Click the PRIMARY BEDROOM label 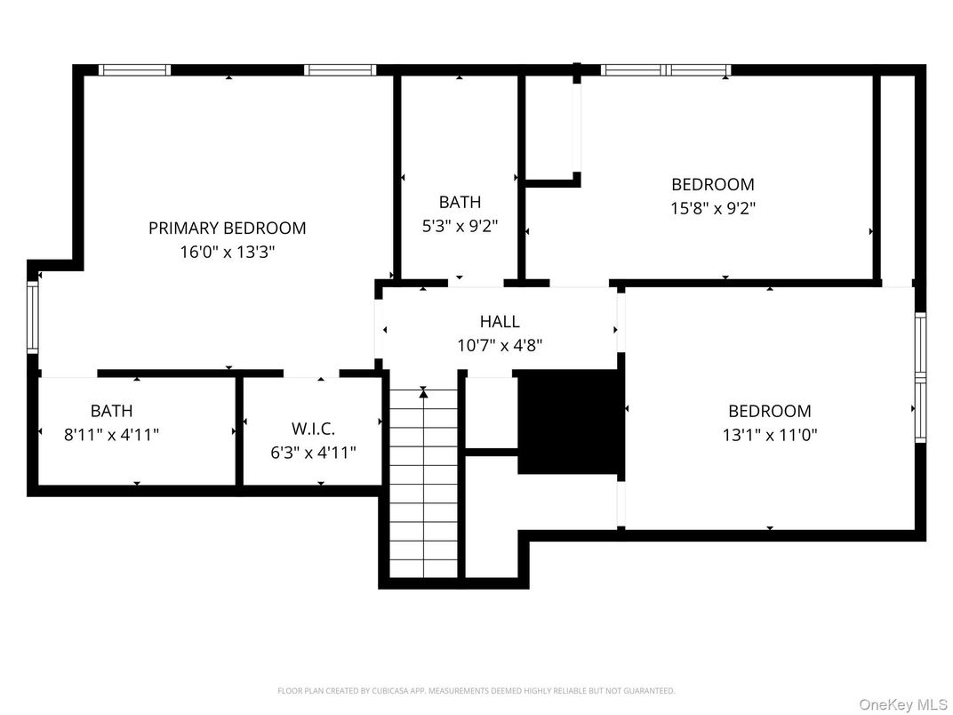click(x=227, y=228)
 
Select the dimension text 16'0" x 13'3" click(x=227, y=252)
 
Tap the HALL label click(x=500, y=321)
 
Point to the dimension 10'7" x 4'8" click(x=500, y=345)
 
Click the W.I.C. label click(x=313, y=429)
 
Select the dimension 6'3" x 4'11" click(x=313, y=453)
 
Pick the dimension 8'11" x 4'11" click(x=112, y=435)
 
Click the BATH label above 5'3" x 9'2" click(x=460, y=202)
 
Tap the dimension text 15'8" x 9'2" click(x=712, y=208)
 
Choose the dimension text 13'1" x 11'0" click(x=769, y=435)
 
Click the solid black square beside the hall click(x=570, y=422)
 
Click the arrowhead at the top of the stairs click(x=424, y=391)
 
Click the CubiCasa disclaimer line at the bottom click(x=476, y=690)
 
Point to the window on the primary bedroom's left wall click(x=33, y=316)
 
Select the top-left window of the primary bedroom click(x=134, y=70)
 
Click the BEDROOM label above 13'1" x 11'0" click(x=769, y=411)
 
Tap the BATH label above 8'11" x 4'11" click(x=112, y=411)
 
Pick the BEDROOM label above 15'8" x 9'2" click(x=712, y=184)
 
